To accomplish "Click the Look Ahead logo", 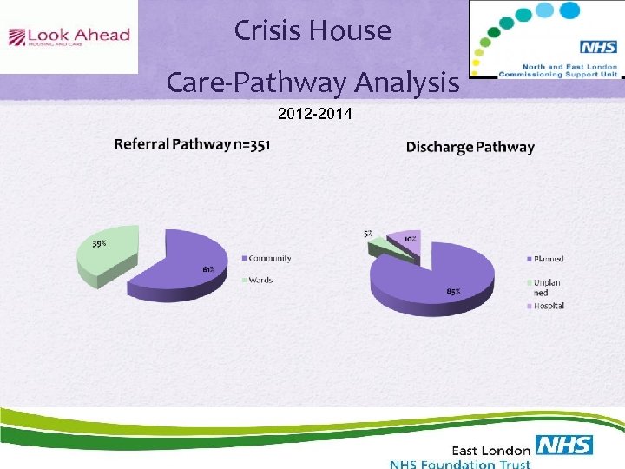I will [x=69, y=36].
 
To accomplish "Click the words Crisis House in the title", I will [x=312, y=31].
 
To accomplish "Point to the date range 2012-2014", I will [x=314, y=113].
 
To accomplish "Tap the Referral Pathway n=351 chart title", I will [x=192, y=144].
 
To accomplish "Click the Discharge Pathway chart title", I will [x=470, y=147].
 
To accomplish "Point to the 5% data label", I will [x=369, y=234].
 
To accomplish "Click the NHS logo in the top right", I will [x=598, y=47].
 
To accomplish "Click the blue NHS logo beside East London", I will [x=564, y=446].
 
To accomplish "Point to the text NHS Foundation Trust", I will [x=460, y=464].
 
